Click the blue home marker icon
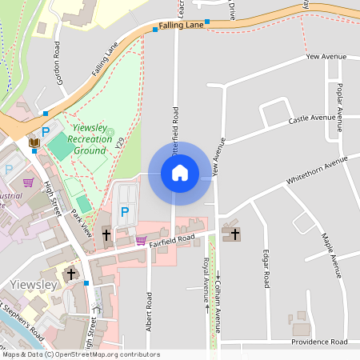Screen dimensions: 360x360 pyautogui.click(x=180, y=173)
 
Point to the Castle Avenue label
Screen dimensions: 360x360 pyautogui.click(x=312, y=118)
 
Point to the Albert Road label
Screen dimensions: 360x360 pyautogui.click(x=149, y=311)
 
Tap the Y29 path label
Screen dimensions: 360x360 pyautogui.click(x=120, y=143)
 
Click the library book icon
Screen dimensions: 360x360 pyautogui.click(x=34, y=142)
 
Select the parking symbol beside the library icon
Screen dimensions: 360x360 pyautogui.click(x=46, y=131)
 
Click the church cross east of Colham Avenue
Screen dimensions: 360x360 pyautogui.click(x=234, y=234)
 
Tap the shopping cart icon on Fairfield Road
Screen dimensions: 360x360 pyautogui.click(x=142, y=239)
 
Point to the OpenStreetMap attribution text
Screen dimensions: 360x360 pyautogui.click(x=80, y=354)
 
